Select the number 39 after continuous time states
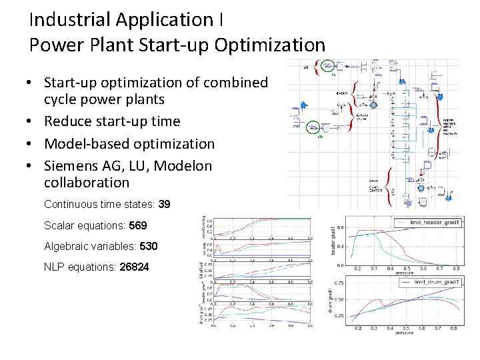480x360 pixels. click(x=164, y=204)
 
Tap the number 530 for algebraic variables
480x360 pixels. click(x=149, y=246)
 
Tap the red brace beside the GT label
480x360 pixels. click(x=316, y=67)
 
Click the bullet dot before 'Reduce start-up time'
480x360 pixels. click(x=31, y=121)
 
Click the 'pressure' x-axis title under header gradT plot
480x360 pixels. click(x=403, y=272)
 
